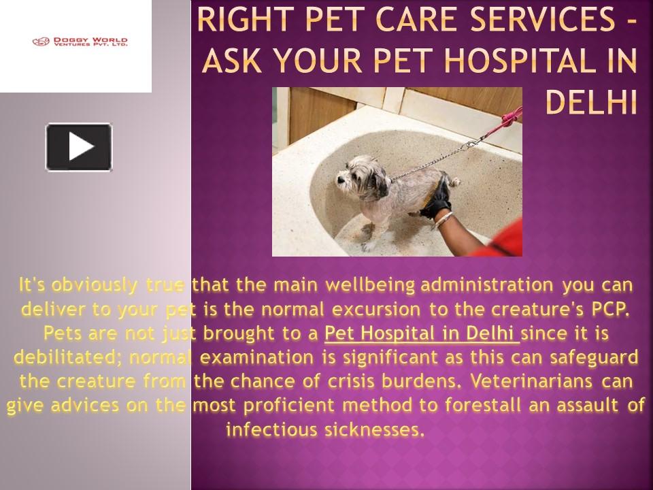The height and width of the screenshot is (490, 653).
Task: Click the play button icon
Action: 79,146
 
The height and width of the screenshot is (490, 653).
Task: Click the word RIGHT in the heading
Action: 242,22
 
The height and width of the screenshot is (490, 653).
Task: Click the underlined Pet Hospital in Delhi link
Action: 422,333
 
